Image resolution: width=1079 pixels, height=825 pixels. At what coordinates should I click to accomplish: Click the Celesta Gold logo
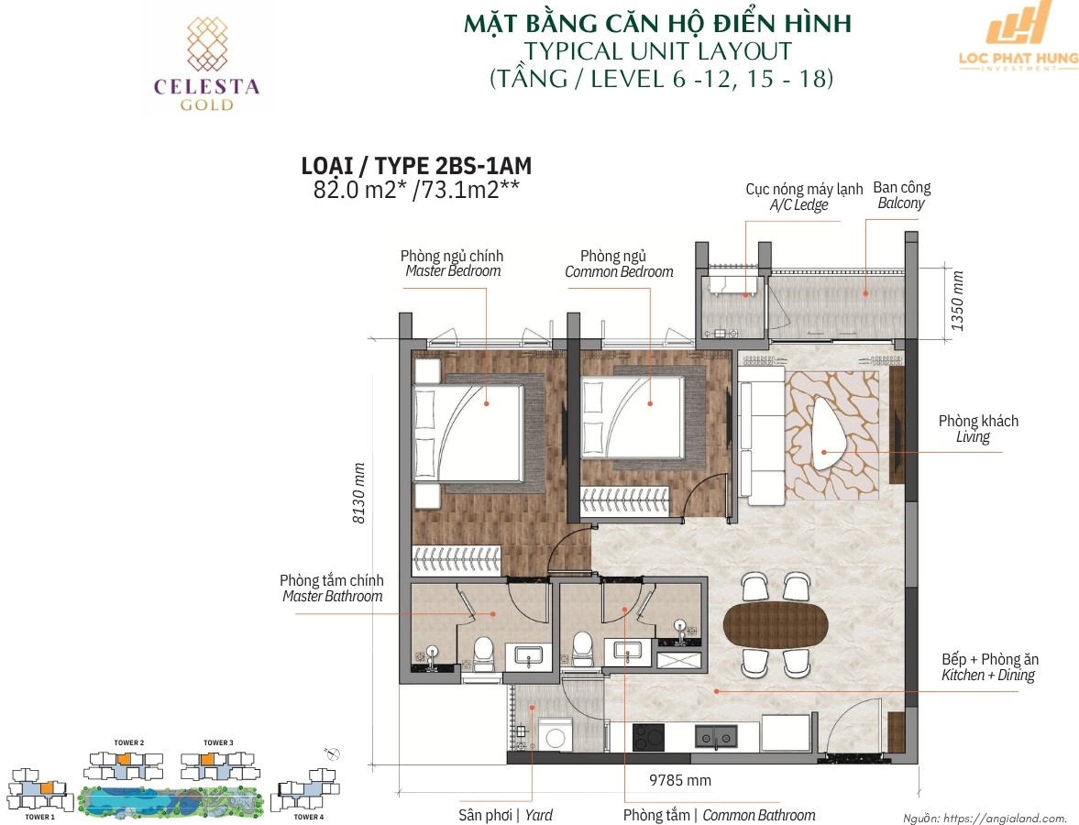[x=206, y=64]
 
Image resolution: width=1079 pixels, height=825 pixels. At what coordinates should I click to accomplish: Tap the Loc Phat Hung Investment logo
[x=1018, y=38]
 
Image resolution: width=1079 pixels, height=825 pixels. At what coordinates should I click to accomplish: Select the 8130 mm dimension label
[x=358, y=492]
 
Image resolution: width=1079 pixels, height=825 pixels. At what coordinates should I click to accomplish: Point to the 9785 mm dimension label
[x=680, y=780]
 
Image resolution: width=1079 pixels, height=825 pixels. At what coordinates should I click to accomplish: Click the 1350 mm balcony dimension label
[x=957, y=300]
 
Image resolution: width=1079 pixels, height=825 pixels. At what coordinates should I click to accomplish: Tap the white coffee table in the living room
[x=830, y=434]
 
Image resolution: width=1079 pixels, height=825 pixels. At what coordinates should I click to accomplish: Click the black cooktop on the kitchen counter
[x=648, y=737]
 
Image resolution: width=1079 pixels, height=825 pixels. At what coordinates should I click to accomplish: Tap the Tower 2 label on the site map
[x=128, y=743]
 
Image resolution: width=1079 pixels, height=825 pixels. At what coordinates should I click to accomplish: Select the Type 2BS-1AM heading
[x=416, y=166]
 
